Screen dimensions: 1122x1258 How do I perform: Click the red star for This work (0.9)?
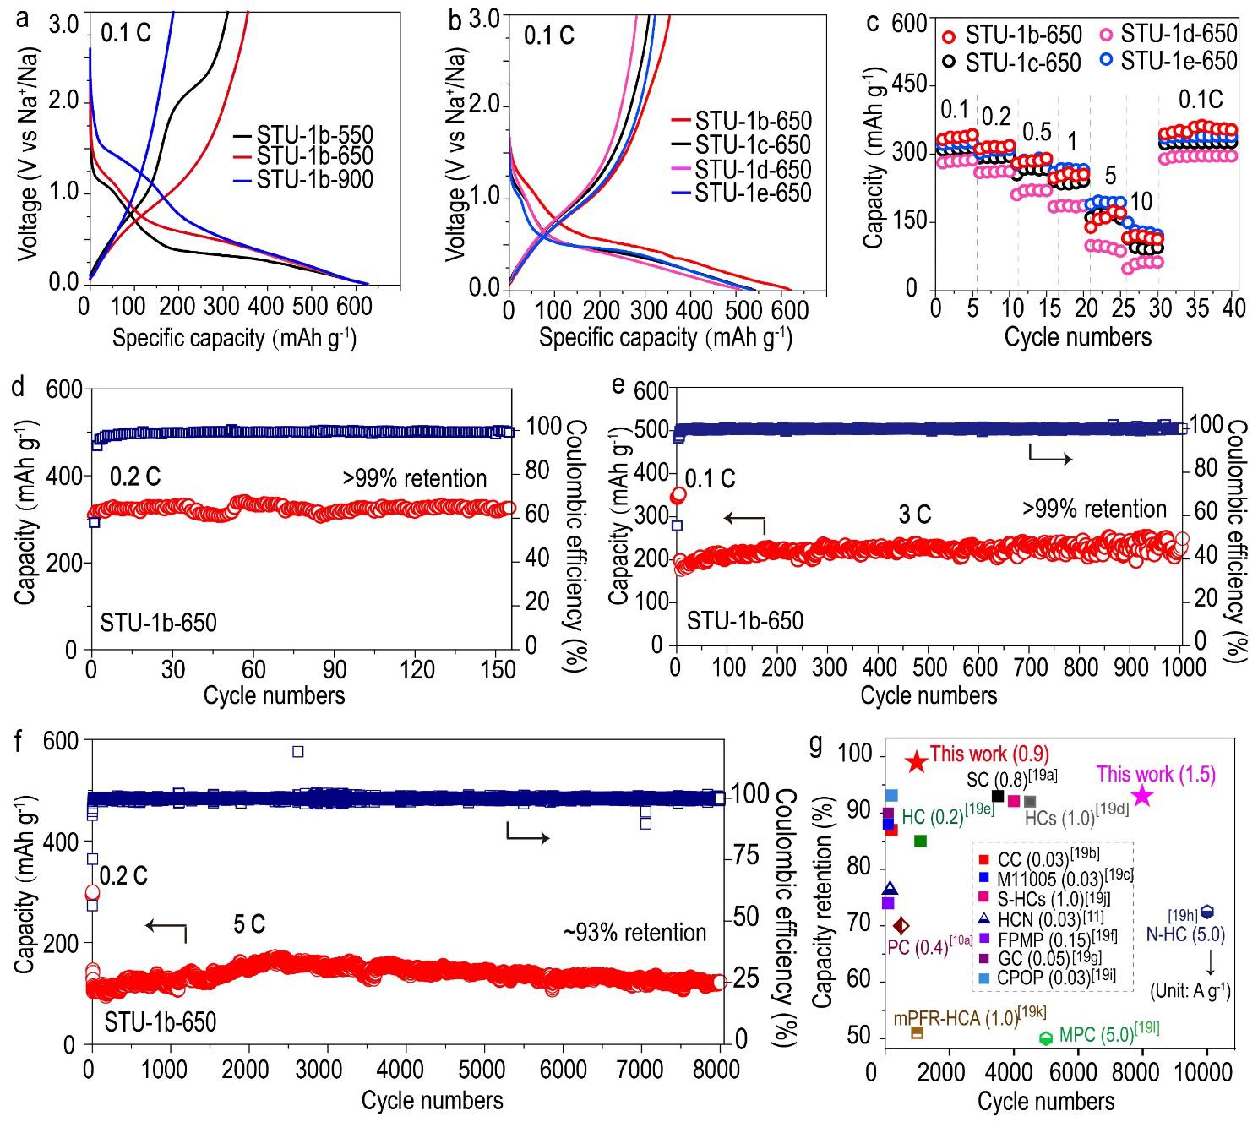[917, 761]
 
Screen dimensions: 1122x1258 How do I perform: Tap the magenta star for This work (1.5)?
[1142, 795]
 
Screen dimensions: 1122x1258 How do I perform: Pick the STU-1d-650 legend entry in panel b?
[752, 169]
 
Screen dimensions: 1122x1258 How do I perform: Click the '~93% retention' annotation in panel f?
[634, 933]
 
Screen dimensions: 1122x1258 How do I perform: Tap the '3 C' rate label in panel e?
[914, 515]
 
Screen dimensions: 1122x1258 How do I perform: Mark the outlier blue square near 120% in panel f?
[297, 751]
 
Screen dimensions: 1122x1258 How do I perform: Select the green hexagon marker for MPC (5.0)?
[1046, 1038]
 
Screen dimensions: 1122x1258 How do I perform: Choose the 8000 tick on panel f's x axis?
[719, 1070]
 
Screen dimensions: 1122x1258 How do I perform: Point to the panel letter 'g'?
[816, 745]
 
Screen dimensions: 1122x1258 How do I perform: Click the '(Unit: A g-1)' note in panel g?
[1190, 992]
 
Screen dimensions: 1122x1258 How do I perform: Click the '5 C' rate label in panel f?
[248, 924]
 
